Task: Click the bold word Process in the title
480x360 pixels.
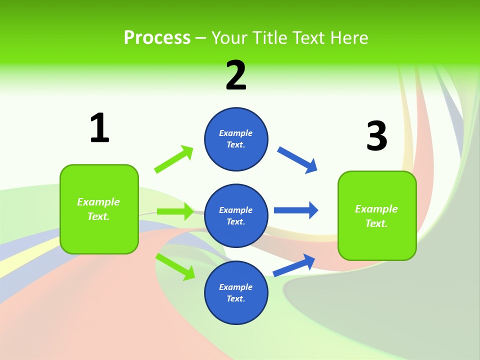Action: point(157,38)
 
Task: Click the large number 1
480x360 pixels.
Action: point(99,128)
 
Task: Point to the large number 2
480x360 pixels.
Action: point(236,75)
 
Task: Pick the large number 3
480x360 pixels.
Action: point(376,136)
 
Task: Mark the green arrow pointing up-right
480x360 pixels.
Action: point(174,159)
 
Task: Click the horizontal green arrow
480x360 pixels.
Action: point(175,211)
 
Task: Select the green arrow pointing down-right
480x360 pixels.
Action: point(175,266)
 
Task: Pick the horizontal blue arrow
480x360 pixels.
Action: point(296,210)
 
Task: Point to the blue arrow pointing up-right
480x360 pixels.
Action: point(294,265)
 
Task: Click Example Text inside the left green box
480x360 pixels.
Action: point(98,209)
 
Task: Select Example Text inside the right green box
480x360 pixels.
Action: point(376,216)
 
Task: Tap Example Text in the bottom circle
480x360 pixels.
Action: point(236,292)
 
